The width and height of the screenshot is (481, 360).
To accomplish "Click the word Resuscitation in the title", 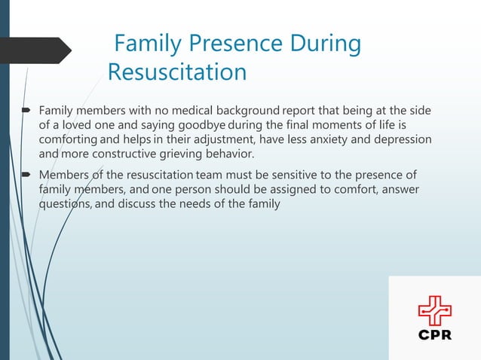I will (x=177, y=72).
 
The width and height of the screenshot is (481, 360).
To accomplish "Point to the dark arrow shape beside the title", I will (x=38, y=50).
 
